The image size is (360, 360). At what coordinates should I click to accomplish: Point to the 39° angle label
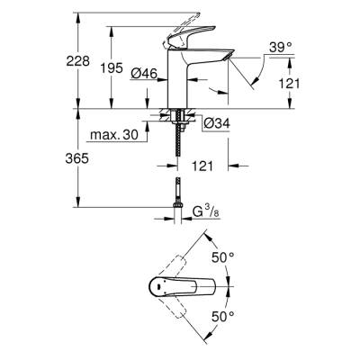pos(282,46)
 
